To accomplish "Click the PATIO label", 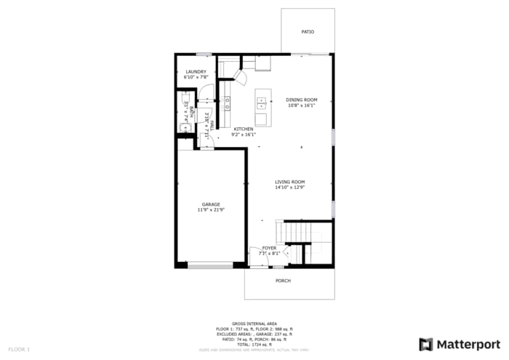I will click(308, 32).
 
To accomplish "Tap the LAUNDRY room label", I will click(196, 71).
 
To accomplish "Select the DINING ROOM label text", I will click(301, 100).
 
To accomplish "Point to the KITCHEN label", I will click(243, 129).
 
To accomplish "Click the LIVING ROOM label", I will click(289, 182).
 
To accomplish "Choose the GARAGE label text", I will click(211, 204).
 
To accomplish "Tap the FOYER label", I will click(269, 248).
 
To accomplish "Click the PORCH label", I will click(283, 281).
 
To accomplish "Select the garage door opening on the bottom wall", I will click(210, 266).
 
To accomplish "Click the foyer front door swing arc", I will click(256, 256).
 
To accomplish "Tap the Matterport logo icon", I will click(426, 344).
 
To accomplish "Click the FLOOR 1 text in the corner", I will click(19, 350).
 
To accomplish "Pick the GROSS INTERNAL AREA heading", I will click(254, 323).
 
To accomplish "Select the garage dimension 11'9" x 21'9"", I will click(211, 210).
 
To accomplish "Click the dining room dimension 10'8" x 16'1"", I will click(301, 105).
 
